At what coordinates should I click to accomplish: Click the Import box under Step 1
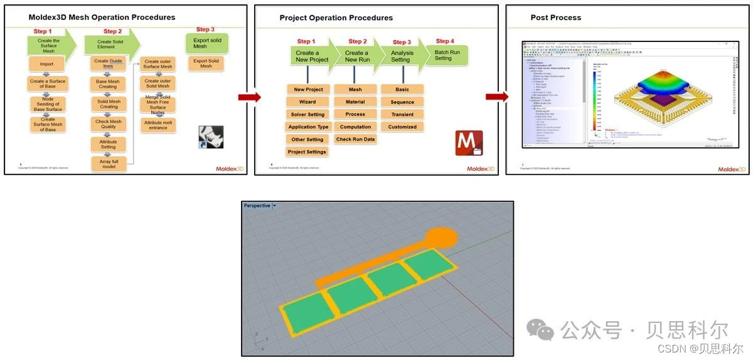(x=46, y=64)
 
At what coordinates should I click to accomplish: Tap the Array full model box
(x=109, y=164)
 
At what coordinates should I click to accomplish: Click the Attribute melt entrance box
(x=158, y=125)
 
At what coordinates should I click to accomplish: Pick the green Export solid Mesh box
(x=206, y=43)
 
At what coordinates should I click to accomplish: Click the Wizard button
(x=307, y=102)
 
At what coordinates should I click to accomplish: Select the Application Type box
(x=307, y=127)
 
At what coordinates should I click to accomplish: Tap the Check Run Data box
(x=355, y=139)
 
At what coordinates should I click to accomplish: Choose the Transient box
(x=402, y=114)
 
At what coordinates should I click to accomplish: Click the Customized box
(x=402, y=127)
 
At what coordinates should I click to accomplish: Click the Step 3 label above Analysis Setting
(x=402, y=42)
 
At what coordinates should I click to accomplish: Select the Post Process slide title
(x=555, y=18)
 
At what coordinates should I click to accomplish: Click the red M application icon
(x=469, y=142)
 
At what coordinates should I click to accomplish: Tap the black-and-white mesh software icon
(x=210, y=137)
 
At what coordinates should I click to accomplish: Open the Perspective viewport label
(x=257, y=206)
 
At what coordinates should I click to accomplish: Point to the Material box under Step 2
(x=355, y=102)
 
